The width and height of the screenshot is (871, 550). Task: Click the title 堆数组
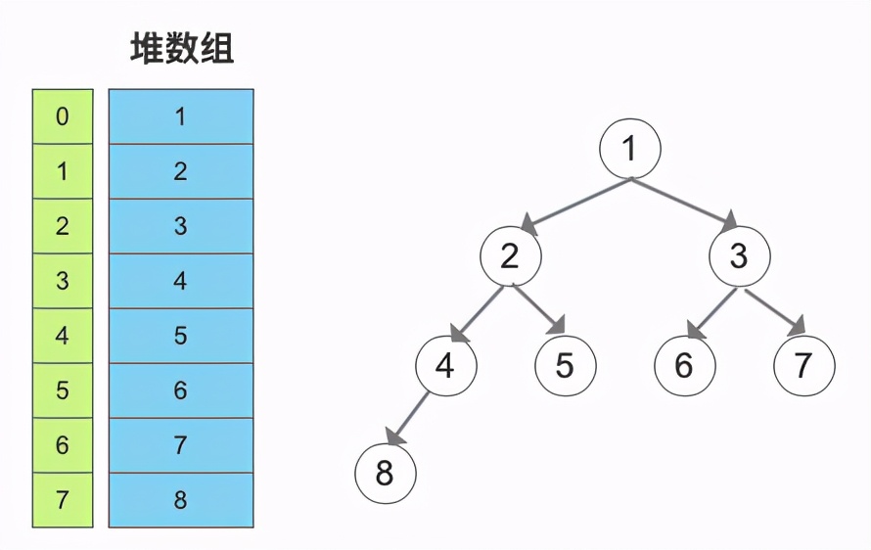[182, 49]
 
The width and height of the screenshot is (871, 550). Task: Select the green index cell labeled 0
[63, 116]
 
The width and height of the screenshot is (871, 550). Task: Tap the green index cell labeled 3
[63, 281]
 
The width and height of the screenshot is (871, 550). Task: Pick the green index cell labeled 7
[63, 500]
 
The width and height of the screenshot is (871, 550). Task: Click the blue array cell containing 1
[181, 116]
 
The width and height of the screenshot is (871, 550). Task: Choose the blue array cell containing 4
[181, 281]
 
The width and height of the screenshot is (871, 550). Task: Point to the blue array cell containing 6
[181, 390]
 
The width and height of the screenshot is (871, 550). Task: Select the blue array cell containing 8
[181, 500]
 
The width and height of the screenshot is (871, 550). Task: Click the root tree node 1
[630, 148]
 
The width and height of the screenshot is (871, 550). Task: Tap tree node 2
[510, 255]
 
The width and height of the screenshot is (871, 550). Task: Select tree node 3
[739, 255]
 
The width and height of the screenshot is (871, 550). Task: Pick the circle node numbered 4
[445, 365]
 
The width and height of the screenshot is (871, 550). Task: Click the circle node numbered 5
[565, 365]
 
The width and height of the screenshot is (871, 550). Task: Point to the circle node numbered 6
[684, 365]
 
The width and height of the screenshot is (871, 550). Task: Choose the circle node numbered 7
[803, 365]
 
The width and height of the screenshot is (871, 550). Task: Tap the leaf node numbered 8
[385, 475]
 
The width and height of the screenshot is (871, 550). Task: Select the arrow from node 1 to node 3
[683, 203]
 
